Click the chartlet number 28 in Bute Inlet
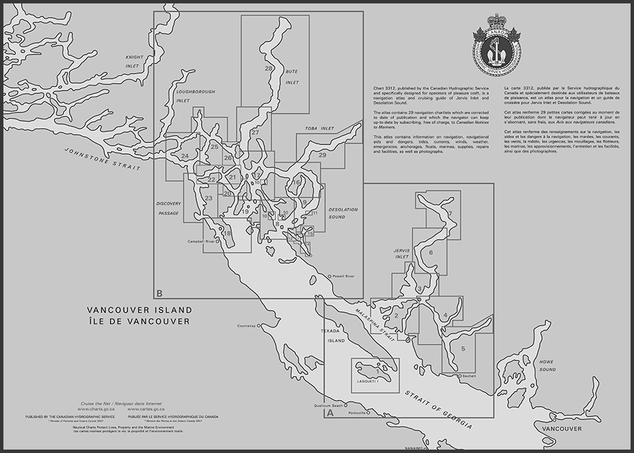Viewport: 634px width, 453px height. pyautogui.click(x=269, y=69)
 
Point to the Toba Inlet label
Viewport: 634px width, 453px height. pyautogui.click(x=318, y=128)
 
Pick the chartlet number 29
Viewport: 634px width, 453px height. pyautogui.click(x=322, y=155)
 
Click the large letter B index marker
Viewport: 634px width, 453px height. pyautogui.click(x=159, y=294)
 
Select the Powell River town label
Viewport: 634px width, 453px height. pyautogui.click(x=344, y=276)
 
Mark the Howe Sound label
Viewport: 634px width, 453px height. pyautogui.click(x=546, y=365)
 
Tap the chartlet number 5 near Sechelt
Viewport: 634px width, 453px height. pyautogui.click(x=463, y=349)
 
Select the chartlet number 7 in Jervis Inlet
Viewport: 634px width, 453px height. pyautogui.click(x=450, y=214)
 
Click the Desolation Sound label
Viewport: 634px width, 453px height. pyautogui.click(x=343, y=213)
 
